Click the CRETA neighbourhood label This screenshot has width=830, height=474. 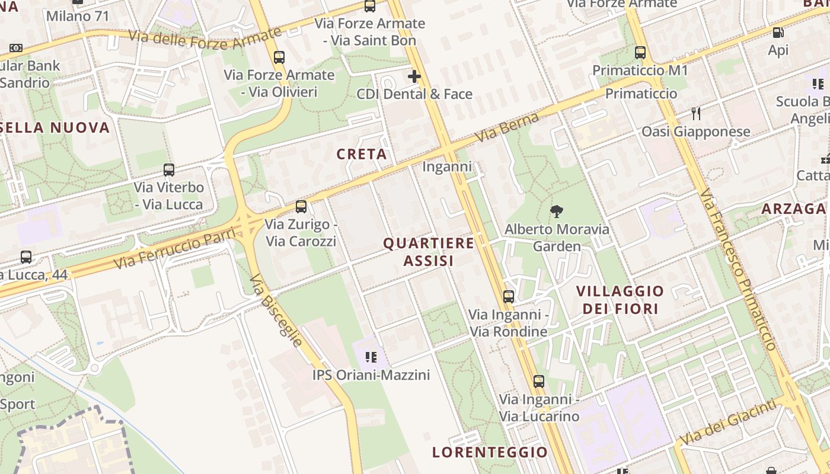362,154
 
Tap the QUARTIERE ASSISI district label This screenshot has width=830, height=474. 429,252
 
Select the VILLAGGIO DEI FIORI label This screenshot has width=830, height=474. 620,300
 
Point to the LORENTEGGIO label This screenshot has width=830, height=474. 490,452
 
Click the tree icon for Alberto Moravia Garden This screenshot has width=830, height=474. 556,210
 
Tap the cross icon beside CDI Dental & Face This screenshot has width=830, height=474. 414,76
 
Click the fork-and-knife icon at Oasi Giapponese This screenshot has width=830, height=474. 696,113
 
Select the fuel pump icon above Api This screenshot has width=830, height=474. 778,32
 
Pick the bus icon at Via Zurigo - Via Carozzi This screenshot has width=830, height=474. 301,207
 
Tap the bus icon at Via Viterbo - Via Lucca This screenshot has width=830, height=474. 169,170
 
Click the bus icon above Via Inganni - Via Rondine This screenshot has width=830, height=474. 509,297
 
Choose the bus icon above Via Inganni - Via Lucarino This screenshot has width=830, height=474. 538,382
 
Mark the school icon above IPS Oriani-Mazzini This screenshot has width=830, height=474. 371,357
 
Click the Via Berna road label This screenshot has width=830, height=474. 506,127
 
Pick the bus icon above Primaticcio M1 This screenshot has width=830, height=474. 640,52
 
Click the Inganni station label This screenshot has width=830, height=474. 447,166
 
